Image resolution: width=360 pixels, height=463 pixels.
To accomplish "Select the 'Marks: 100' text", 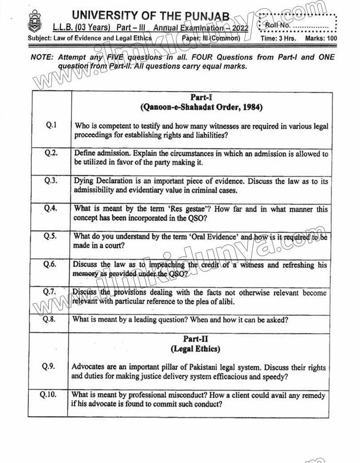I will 321,39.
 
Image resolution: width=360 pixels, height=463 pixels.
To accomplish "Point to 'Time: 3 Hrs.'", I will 278,39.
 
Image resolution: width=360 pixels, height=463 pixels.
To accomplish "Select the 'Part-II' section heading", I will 196,339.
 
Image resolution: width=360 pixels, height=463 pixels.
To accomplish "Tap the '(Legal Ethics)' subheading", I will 196,349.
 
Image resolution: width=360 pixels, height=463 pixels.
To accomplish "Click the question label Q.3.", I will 51,181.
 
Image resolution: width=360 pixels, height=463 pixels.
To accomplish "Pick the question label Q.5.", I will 50,236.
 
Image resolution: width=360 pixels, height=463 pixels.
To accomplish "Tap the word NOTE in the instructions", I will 42,58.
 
